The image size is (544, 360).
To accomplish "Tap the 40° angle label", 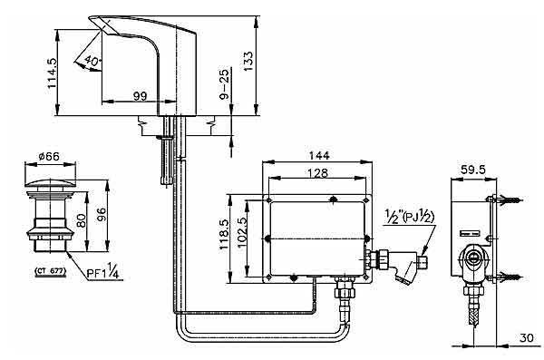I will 92,62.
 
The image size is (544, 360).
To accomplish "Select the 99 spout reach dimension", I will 141,93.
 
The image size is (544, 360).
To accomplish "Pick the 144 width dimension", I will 316,154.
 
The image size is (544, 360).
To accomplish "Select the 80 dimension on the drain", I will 82,220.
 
